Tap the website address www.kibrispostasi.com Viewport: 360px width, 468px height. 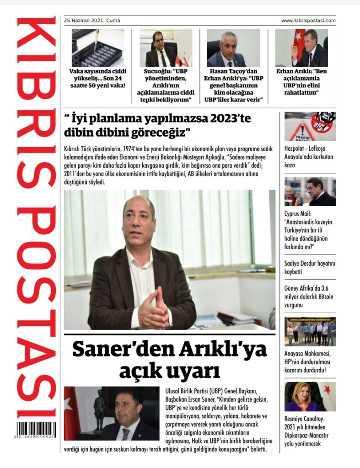[308, 21]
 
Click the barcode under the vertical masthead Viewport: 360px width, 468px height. [38, 430]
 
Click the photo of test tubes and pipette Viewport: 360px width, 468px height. [97, 48]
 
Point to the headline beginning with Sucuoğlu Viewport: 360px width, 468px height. [165, 85]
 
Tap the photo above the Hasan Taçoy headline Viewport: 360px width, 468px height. [233, 48]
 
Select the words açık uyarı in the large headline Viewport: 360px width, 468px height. [169, 372]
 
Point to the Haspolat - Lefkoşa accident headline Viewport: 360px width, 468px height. [309, 156]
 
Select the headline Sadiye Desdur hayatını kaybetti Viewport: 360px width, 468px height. [309, 267]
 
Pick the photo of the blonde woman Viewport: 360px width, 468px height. [310, 396]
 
